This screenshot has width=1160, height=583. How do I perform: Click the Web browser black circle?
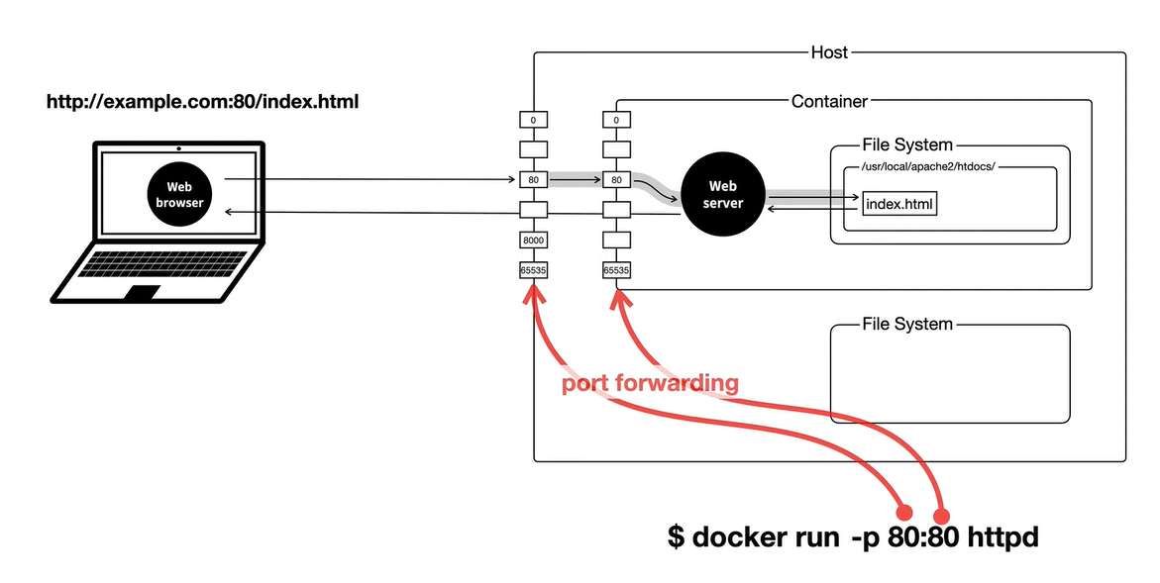179,193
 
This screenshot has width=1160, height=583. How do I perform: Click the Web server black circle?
722,194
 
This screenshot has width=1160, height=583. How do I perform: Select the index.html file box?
899,204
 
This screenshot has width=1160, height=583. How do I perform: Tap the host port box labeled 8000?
533,241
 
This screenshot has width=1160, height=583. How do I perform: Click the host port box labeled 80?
533,180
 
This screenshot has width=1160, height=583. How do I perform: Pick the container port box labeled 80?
616,180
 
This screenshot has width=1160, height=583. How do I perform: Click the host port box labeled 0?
533,120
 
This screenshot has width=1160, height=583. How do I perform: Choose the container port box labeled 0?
616,120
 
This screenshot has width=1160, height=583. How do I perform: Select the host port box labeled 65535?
533,269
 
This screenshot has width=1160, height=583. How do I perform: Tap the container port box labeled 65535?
616,269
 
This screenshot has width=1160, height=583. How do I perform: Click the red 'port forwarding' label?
650,383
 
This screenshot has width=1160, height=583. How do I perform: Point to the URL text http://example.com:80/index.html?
202,102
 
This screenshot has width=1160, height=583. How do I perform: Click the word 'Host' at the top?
829,52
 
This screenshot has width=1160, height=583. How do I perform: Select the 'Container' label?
829,101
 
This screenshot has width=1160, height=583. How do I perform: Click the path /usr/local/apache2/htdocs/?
921,166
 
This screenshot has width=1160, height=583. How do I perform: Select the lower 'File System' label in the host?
906,324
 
